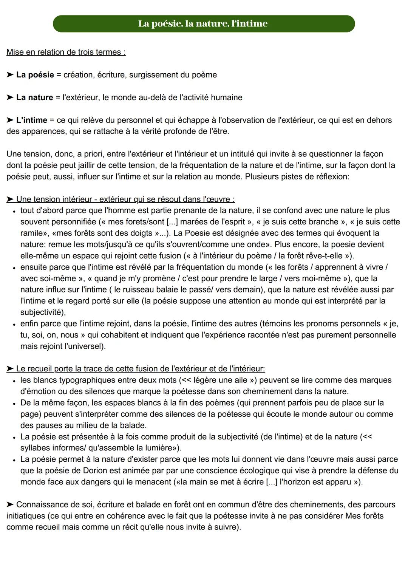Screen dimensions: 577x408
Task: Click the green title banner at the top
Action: coord(204,24)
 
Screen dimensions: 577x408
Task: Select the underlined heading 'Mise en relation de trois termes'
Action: coord(66,52)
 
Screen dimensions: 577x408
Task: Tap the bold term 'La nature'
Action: coord(34,97)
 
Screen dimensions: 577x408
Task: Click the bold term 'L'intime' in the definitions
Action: coord(32,120)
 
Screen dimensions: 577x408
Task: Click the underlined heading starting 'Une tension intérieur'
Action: coord(125,199)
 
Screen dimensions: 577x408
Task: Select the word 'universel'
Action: coord(84,347)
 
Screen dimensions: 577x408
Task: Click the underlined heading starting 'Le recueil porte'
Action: coord(140,369)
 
